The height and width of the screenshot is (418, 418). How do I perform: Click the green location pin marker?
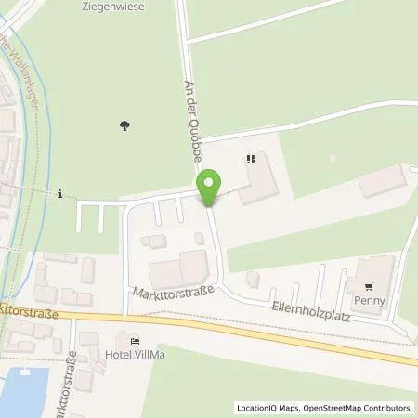coord(210,187)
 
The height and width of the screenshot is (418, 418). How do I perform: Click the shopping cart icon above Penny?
coord(369,286)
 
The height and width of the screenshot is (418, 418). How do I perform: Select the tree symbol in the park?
coord(124,124)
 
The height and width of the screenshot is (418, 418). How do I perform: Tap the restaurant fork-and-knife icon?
coord(250,159)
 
